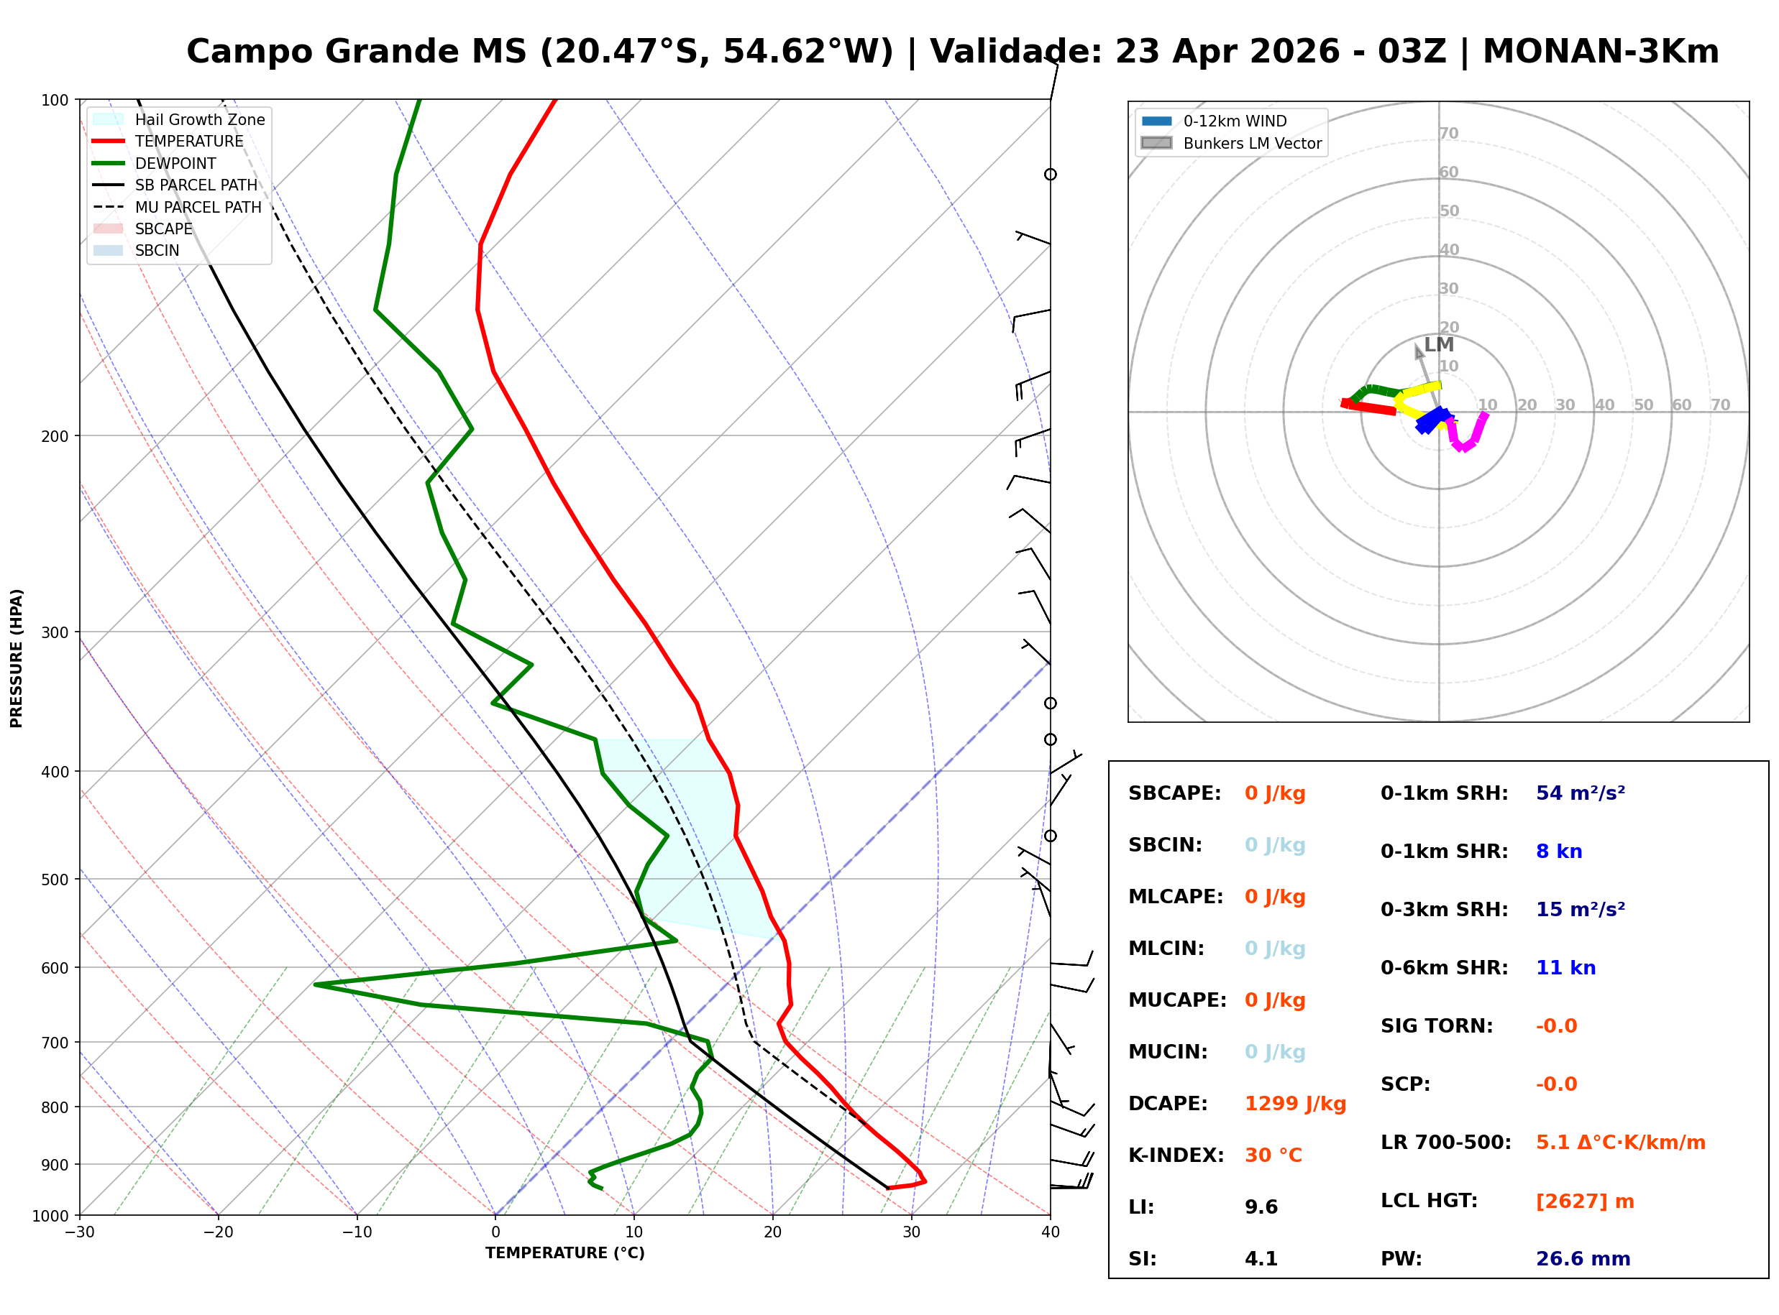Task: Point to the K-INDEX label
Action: click(1176, 1155)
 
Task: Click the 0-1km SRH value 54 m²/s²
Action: click(1579, 793)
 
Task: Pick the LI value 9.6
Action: click(1261, 1206)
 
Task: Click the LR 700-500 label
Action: click(1445, 1143)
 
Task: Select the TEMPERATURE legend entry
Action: click(188, 141)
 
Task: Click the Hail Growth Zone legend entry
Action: click(199, 119)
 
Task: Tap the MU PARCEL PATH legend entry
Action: click(198, 207)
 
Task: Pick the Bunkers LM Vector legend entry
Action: click(1251, 143)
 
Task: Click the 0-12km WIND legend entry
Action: click(1235, 121)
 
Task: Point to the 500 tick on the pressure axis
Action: click(54, 879)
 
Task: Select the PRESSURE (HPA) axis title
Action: click(16, 657)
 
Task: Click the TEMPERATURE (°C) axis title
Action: click(564, 1253)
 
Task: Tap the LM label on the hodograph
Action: click(1438, 345)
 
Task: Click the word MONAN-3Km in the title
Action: click(1600, 52)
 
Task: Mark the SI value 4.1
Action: click(1261, 1258)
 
